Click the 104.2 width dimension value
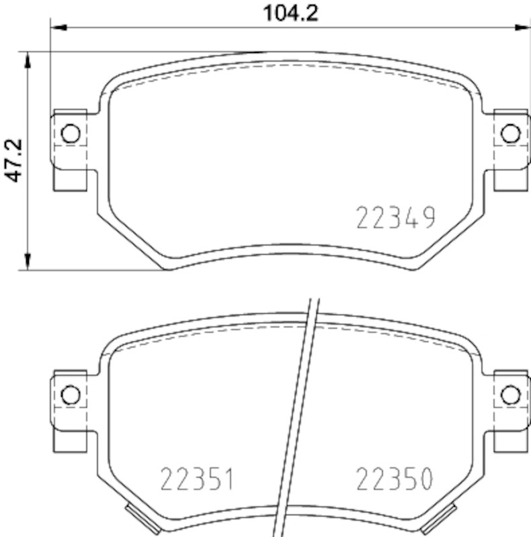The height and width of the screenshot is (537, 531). click(x=290, y=13)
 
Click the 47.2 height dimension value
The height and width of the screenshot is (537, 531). click(x=13, y=160)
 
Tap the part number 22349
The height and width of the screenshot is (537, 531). click(x=396, y=217)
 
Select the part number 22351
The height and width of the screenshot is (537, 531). click(x=197, y=479)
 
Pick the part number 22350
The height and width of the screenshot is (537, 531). click(x=395, y=479)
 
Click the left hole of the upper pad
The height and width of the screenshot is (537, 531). click(x=71, y=133)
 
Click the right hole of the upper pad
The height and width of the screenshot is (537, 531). click(x=510, y=133)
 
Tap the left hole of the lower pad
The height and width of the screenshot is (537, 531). click(x=71, y=395)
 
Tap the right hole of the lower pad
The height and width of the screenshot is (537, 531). click(x=510, y=395)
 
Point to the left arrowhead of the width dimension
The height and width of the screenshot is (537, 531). click(x=58, y=28)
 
